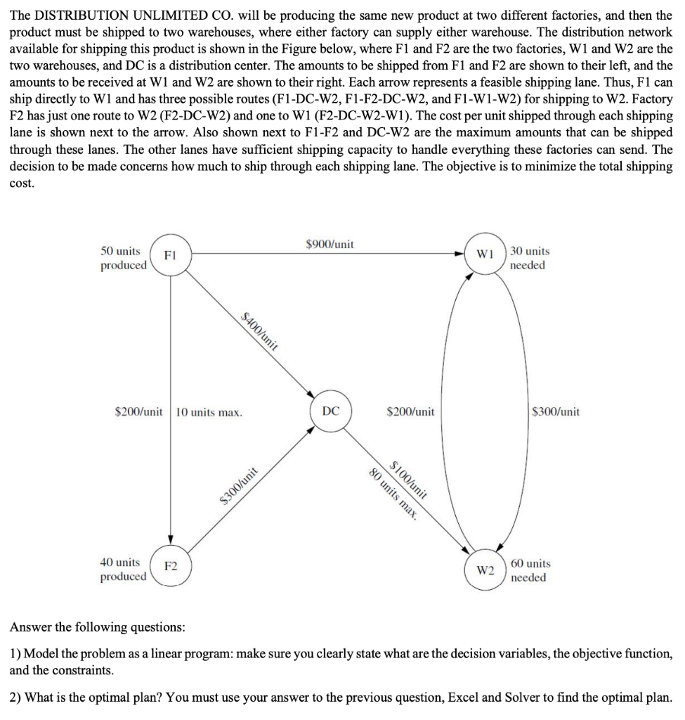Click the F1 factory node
click(169, 257)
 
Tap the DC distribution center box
click(331, 411)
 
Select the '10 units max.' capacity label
click(209, 412)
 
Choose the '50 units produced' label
click(123, 258)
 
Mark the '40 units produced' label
click(123, 570)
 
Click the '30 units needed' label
click(530, 258)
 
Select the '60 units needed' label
click(530, 570)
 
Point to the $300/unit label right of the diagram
click(556, 412)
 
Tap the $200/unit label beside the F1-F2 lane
click(139, 412)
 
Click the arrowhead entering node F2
click(170, 539)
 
